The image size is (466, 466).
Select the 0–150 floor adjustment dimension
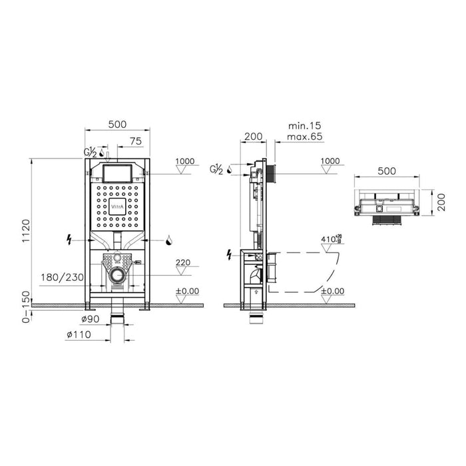pos(26,308)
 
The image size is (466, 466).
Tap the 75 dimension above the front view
pos(135,140)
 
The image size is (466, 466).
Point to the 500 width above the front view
pos(116,124)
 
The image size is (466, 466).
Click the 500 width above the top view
pos(387,170)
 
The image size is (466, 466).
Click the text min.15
pos(305,124)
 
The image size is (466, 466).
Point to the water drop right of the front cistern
pos(169,240)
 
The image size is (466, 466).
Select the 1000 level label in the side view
pos(330,162)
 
